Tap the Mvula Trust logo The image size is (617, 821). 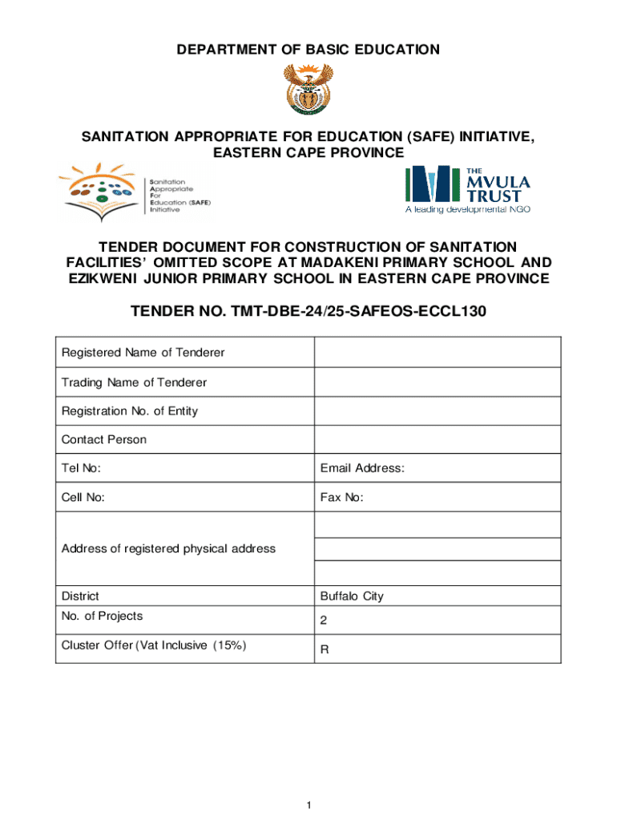click(x=467, y=189)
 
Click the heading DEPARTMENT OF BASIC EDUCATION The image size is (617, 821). click(x=308, y=50)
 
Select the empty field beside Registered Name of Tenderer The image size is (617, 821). click(x=437, y=353)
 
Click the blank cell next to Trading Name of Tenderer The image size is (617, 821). click(x=437, y=382)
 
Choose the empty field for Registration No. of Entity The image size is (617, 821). click(x=437, y=411)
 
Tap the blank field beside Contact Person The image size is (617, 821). click(x=437, y=439)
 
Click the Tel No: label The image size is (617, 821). click(x=81, y=468)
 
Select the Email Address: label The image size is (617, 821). click(x=362, y=468)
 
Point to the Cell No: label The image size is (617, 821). click(x=83, y=497)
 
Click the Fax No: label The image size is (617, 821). click(x=341, y=497)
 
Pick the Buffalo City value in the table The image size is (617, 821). click(x=352, y=596)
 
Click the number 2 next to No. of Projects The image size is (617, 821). click(x=324, y=621)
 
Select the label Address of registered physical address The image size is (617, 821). click(x=168, y=548)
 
